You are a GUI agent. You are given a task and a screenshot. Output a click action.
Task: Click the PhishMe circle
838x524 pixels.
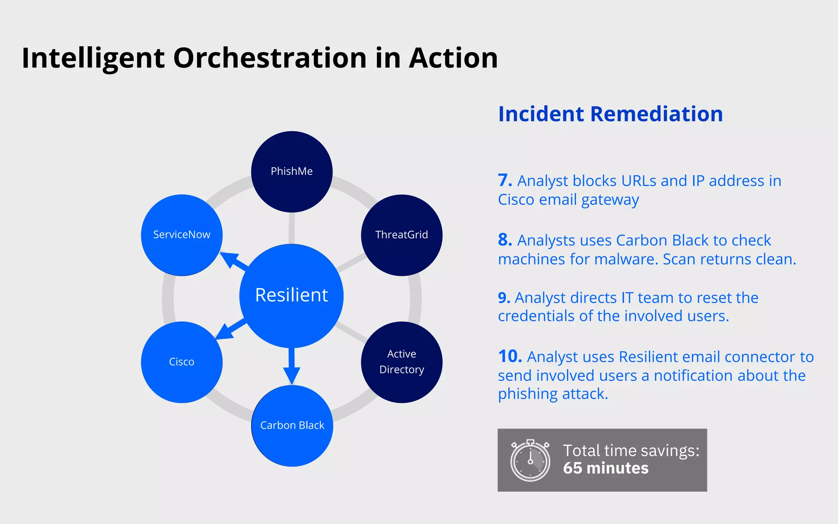point(291,172)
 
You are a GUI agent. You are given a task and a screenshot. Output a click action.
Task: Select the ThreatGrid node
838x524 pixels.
point(401,235)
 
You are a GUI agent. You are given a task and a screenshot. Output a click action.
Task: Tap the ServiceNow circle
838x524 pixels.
point(182,235)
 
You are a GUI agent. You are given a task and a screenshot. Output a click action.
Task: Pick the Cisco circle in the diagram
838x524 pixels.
point(182,362)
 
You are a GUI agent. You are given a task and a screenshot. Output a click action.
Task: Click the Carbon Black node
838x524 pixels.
point(292,425)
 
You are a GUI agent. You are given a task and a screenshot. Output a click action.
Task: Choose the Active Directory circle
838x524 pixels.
point(401,362)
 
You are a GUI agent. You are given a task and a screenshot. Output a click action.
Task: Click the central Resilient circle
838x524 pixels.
point(291,296)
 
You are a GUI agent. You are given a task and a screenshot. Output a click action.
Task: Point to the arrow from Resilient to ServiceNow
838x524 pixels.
point(234,260)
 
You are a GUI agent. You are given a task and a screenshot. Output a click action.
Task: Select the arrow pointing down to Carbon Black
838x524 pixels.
point(291,366)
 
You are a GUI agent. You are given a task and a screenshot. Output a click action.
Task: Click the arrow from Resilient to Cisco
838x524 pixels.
point(230,329)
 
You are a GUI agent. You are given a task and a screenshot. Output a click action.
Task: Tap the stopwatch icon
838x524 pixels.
point(530,461)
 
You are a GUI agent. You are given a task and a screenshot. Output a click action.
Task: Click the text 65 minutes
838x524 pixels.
point(606,468)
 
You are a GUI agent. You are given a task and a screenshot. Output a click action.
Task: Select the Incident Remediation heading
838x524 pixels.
point(610,114)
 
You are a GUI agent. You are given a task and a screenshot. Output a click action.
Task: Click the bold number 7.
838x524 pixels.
point(505,181)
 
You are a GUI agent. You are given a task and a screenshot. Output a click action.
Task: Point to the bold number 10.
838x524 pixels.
point(510,357)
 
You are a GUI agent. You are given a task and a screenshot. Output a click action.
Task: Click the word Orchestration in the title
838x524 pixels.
point(270,58)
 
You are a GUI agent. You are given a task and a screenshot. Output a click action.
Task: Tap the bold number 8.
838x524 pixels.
point(505,240)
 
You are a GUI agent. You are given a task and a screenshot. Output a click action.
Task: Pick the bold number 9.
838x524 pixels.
point(504,298)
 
